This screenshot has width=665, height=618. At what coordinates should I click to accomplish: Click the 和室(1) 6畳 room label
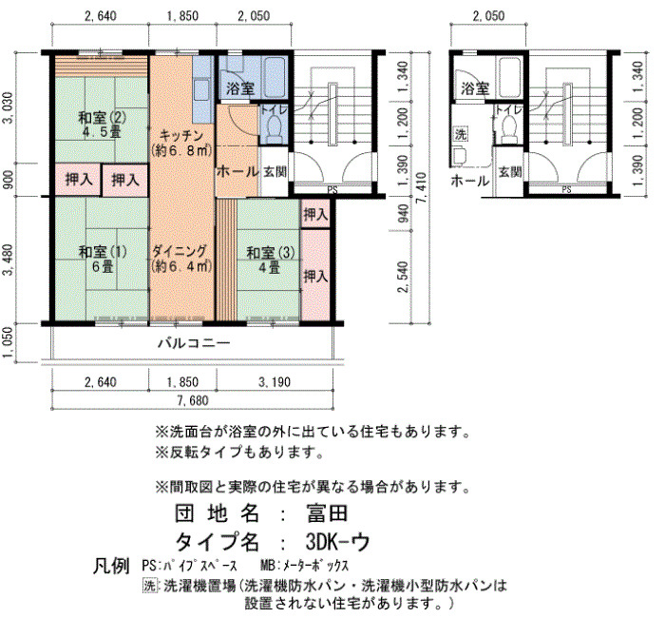103,259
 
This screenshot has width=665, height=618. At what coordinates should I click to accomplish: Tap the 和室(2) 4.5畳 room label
103,124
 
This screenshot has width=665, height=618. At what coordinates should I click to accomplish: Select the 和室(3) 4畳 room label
270,260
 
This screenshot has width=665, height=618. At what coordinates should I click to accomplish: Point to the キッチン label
181,136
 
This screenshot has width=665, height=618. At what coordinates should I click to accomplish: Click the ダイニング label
180,251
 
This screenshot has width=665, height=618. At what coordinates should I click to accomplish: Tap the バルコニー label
194,343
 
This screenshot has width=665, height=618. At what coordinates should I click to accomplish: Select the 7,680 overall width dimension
194,400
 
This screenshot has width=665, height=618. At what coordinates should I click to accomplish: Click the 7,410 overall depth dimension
422,188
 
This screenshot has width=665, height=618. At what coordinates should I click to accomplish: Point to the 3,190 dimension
275,382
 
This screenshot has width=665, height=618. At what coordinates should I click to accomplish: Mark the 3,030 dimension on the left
8,108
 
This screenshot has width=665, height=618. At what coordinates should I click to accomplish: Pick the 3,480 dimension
8,261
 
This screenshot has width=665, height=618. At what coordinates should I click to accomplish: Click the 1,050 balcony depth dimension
8,343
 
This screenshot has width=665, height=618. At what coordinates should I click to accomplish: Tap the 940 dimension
404,214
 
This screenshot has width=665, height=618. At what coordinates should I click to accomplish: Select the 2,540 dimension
404,278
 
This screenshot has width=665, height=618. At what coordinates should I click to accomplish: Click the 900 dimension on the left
8,180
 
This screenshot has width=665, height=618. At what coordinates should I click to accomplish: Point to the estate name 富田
327,513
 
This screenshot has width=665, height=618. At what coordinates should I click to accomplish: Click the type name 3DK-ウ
337,542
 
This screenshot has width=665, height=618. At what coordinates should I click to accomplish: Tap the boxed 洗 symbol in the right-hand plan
461,134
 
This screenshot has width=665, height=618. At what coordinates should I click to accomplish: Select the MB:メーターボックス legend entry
305,566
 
